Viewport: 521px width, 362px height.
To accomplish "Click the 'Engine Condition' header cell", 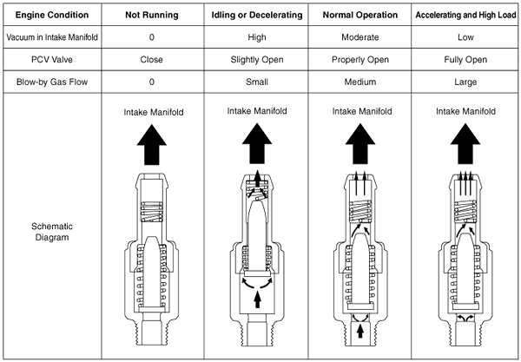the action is pyautogui.click(x=52, y=15).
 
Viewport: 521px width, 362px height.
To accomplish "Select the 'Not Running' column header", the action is pyautogui.click(x=152, y=15).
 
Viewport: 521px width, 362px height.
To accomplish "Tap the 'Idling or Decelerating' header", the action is pyautogui.click(x=257, y=15).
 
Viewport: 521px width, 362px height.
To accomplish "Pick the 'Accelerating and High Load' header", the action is pyautogui.click(x=465, y=15).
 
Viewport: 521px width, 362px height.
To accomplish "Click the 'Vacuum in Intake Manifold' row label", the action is pyautogui.click(x=52, y=37).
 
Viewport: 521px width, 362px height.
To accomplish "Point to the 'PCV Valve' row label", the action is pyautogui.click(x=52, y=59).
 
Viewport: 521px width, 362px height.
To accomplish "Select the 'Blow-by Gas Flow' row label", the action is pyautogui.click(x=52, y=82).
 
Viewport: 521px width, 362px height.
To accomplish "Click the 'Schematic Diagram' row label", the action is pyautogui.click(x=52, y=232).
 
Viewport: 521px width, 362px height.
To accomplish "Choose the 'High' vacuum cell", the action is pyautogui.click(x=257, y=37).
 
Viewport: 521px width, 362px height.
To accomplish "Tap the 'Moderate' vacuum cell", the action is pyautogui.click(x=360, y=37).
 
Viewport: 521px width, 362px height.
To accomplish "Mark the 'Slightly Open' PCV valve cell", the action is pyautogui.click(x=257, y=60).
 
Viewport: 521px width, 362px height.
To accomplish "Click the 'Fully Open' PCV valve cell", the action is pyautogui.click(x=465, y=60).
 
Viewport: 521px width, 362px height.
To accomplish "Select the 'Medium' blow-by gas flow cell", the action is pyautogui.click(x=360, y=82).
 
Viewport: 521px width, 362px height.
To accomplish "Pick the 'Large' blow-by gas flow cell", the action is pyautogui.click(x=465, y=82).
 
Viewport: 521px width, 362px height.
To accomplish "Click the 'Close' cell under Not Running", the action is pyautogui.click(x=151, y=59).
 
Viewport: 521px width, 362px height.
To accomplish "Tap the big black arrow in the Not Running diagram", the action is pyautogui.click(x=152, y=144).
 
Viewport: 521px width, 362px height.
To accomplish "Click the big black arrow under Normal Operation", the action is pyautogui.click(x=360, y=143).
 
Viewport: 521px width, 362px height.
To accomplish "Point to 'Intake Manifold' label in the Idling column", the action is pyautogui.click(x=257, y=111).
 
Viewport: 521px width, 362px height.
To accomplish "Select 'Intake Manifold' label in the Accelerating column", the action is pyautogui.click(x=465, y=111).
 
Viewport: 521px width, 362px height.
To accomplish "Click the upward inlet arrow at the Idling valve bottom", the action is pyautogui.click(x=257, y=299).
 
